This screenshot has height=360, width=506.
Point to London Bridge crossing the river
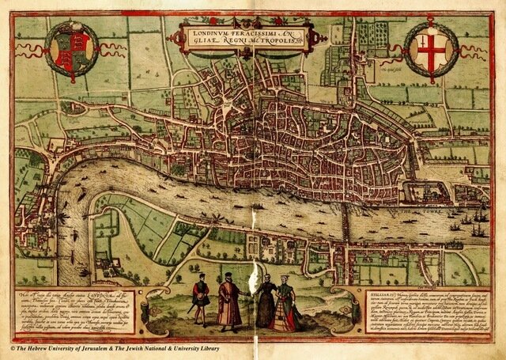click(x=346, y=217)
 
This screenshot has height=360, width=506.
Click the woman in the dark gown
click(x=266, y=301)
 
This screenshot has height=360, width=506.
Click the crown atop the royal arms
click(x=71, y=28)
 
